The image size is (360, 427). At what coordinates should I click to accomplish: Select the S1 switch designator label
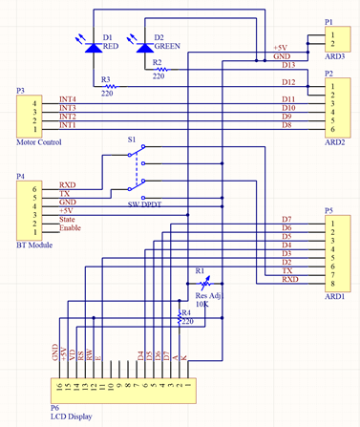pyautogui.click(x=132, y=139)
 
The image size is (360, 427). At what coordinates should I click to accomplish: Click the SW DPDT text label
pyautogui.click(x=147, y=204)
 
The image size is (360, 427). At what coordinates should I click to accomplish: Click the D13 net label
pyautogui.click(x=287, y=65)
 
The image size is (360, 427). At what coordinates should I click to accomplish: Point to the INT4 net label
pyautogui.click(x=68, y=100)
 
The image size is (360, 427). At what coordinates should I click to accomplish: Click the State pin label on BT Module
pyautogui.click(x=68, y=221)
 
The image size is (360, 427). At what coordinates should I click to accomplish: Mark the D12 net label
pyautogui.click(x=287, y=83)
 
